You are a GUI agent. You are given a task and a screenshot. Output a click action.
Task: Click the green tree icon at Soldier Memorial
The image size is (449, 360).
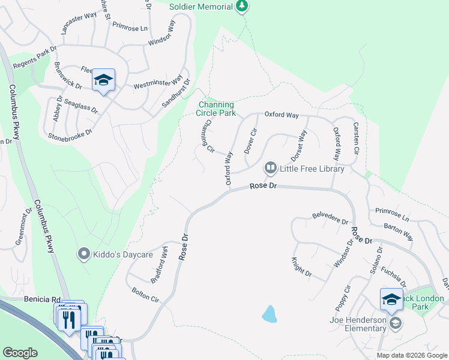pos(241,6)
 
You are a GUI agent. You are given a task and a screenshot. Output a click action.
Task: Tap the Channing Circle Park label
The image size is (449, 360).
pos(216,108)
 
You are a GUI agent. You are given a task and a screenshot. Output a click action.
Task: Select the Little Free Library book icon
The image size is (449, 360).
pos(271,169)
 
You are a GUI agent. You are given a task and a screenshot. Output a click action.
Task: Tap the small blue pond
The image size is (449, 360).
pos(270,314)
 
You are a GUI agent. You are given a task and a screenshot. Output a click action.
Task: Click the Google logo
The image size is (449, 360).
pos(20,353)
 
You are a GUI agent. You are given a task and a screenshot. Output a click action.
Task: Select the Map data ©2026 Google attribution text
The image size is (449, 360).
pos(412,355)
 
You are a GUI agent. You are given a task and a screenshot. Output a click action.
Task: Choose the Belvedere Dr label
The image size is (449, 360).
pos(330,218)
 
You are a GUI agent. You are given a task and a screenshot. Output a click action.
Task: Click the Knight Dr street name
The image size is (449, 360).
pos(302,266)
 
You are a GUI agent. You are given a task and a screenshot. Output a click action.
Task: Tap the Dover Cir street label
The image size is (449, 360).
pos(251,140)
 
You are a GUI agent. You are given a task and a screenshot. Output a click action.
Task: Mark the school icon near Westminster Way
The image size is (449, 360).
pos(103,80)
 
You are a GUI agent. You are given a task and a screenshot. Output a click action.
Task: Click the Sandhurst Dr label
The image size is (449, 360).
pos(176,94)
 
